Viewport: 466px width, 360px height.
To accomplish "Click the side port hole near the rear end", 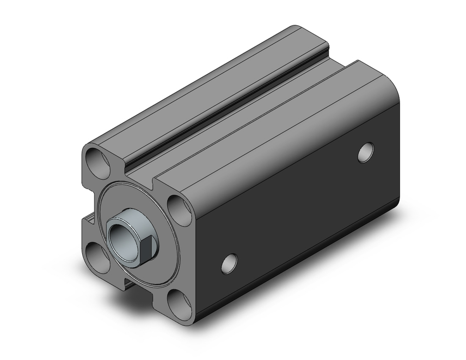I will tap(366, 152).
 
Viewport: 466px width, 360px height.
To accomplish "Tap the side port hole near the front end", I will tap(229, 263).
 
